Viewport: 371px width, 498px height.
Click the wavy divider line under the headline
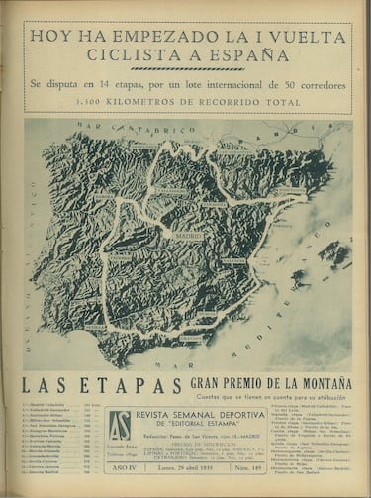coord(185,70)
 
